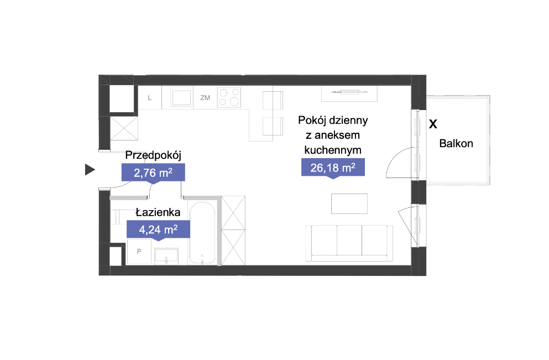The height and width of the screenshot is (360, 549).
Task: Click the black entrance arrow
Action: coord(90,170)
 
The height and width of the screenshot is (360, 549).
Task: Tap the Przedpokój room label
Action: coord(153,155)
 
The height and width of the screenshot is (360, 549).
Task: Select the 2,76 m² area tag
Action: coord(153,173)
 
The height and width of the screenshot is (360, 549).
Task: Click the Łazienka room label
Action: coord(158,212)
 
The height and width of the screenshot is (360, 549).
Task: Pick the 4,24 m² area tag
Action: coord(158,229)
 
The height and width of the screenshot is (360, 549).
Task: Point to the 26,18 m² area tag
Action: coord(333,168)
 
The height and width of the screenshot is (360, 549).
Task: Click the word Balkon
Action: coord(456,143)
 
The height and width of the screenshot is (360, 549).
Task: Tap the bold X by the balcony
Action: coord(433,124)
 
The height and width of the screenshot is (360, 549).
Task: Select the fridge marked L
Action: coord(150,98)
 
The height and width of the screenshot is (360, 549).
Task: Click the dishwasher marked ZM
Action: coord(205,98)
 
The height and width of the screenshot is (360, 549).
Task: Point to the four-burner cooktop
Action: coord(229,97)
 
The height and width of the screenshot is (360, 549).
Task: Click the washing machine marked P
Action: coord(139,252)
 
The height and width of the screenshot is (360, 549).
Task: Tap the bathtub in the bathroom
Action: coord(202,232)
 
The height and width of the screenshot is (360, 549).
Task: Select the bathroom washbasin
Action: coord(166,257)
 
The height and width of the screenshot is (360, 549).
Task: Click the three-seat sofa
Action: coord(349,243)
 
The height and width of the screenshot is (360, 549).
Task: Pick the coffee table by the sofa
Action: coord(349,204)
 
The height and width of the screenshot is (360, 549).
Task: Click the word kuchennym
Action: coord(333,150)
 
